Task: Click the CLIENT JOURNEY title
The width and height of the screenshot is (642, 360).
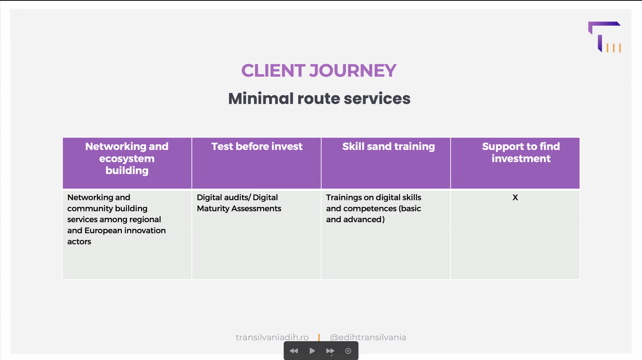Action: pyautogui.click(x=319, y=71)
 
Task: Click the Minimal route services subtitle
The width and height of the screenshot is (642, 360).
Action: pyautogui.click(x=319, y=99)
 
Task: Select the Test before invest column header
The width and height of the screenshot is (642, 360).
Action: pyautogui.click(x=257, y=146)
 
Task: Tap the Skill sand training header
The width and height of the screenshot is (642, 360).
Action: pyautogui.click(x=388, y=146)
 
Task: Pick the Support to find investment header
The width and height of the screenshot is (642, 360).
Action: pyautogui.click(x=521, y=152)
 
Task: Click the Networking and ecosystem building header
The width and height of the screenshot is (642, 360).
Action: pyautogui.click(x=127, y=158)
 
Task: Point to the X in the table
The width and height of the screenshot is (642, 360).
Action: pyautogui.click(x=515, y=197)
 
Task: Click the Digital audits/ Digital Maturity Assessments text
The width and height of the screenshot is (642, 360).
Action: pyautogui.click(x=239, y=203)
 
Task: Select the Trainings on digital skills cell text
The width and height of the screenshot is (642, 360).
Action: pyautogui.click(x=373, y=208)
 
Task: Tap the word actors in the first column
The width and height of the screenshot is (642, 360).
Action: pyautogui.click(x=79, y=242)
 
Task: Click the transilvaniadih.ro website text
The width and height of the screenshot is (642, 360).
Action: pyautogui.click(x=272, y=337)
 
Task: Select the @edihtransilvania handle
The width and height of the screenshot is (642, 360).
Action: pyautogui.click(x=368, y=337)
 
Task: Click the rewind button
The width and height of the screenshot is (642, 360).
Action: pyautogui.click(x=294, y=351)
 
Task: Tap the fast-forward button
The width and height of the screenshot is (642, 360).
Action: pyautogui.click(x=330, y=351)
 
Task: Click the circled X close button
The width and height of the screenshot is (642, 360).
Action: pyautogui.click(x=348, y=351)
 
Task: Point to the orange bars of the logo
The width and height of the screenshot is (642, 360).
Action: pyautogui.click(x=613, y=48)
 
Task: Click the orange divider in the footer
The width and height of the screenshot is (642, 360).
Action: pyautogui.click(x=319, y=338)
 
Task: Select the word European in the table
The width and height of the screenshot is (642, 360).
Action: pyautogui.click(x=102, y=231)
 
